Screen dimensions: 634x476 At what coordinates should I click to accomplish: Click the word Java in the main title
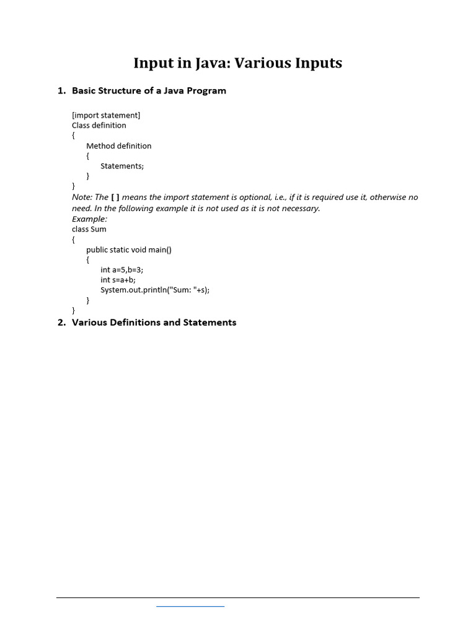(x=213, y=63)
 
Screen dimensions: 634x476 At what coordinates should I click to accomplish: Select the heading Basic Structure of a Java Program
(x=149, y=90)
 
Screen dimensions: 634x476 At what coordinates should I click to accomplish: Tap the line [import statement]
(x=106, y=115)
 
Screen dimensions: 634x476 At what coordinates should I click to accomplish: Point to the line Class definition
(x=99, y=125)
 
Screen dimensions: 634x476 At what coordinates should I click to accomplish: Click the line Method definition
(x=118, y=146)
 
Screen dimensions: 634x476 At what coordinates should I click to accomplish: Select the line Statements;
(x=122, y=166)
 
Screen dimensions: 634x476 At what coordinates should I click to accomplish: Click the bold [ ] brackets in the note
(x=115, y=197)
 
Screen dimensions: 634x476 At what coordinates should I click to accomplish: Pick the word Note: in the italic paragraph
(x=82, y=197)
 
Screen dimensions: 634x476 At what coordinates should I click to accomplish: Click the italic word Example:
(x=89, y=219)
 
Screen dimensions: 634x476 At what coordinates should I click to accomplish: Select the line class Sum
(x=89, y=229)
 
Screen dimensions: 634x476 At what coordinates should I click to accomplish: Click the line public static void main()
(x=129, y=250)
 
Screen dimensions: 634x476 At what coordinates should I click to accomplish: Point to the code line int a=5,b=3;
(x=121, y=270)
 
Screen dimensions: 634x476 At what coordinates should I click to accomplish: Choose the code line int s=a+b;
(x=118, y=280)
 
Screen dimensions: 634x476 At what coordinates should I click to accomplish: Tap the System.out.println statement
(x=155, y=290)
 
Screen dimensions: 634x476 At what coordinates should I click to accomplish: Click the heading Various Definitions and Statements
(x=154, y=323)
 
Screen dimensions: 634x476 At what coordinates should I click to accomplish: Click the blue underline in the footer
(x=190, y=606)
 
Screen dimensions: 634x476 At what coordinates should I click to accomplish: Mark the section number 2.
(x=61, y=323)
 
